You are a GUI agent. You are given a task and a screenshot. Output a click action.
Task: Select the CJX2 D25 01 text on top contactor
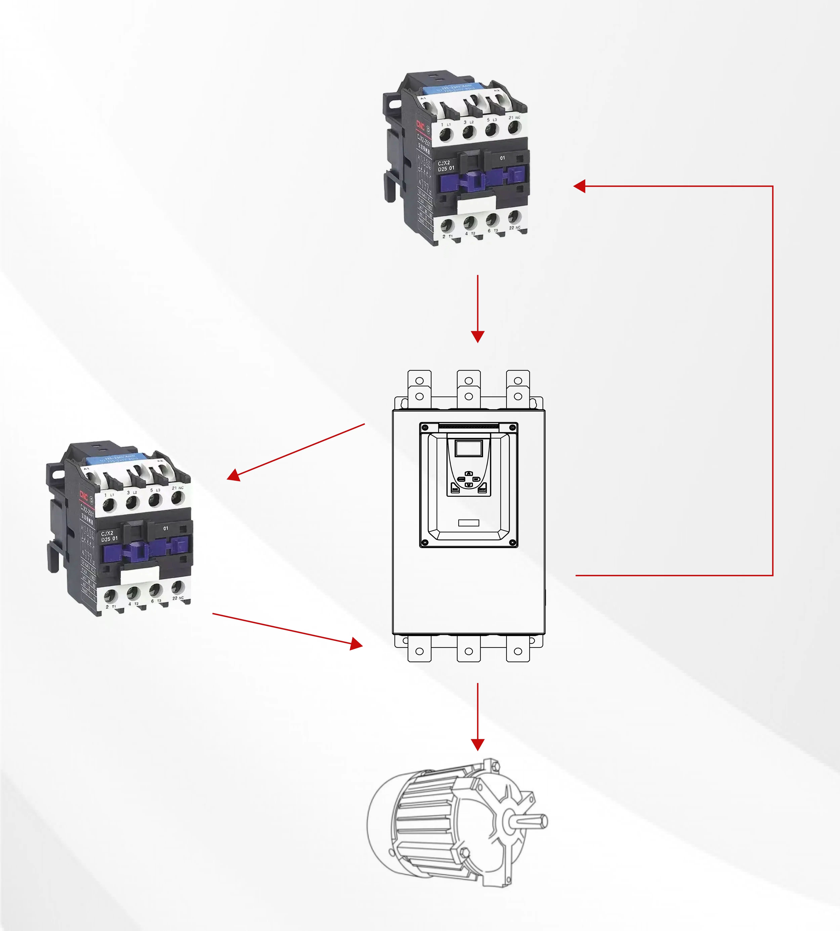pos(446,166)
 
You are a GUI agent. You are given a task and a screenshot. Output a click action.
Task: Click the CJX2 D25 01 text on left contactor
pos(109,536)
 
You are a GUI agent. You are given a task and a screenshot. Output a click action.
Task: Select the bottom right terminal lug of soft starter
pos(518,651)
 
